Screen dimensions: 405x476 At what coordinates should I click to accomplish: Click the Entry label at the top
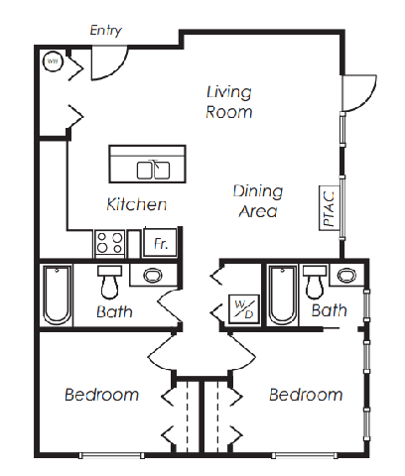pyautogui.click(x=106, y=31)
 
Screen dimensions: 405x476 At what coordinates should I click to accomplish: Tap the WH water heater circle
pyautogui.click(x=53, y=61)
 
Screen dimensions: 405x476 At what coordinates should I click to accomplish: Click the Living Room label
pyautogui.click(x=229, y=102)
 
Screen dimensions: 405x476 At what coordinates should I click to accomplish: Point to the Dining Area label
pyautogui.click(x=258, y=201)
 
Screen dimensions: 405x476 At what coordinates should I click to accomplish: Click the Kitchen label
pyautogui.click(x=137, y=204)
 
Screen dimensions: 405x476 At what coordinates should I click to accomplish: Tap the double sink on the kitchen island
pyautogui.click(x=153, y=170)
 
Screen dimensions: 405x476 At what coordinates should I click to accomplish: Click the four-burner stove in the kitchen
pyautogui.click(x=110, y=243)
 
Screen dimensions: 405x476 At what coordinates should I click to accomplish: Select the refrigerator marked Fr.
pyautogui.click(x=160, y=243)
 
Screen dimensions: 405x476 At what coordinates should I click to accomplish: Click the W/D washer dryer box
pyautogui.click(x=244, y=309)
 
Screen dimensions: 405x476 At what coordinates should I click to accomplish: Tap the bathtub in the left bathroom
pyautogui.click(x=57, y=296)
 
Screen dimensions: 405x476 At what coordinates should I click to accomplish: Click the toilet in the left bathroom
pyautogui.click(x=110, y=282)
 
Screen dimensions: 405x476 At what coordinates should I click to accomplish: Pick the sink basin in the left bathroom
pyautogui.click(x=153, y=275)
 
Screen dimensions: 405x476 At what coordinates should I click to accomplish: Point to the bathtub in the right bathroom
pyautogui.click(x=282, y=296)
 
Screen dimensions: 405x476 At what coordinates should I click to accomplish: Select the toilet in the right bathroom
pyautogui.click(x=315, y=282)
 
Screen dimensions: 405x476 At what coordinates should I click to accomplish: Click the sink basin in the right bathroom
pyautogui.click(x=346, y=275)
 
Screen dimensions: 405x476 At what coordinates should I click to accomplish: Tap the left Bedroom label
pyautogui.click(x=101, y=395)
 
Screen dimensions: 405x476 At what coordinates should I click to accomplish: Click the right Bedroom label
pyautogui.click(x=306, y=395)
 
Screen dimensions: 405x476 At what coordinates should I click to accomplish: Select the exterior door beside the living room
pyautogui.click(x=359, y=93)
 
